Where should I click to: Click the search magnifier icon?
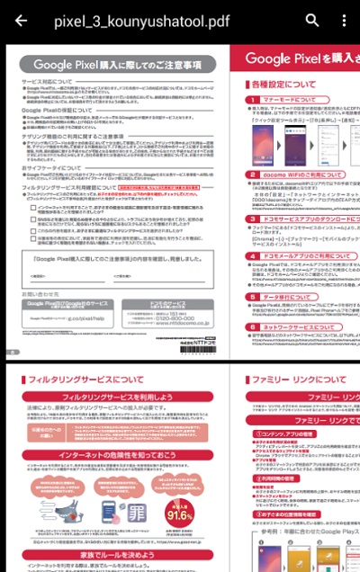[x=312, y=20]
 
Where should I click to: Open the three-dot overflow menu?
[x=344, y=20]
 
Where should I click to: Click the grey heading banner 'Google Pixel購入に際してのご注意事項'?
[x=117, y=64]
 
